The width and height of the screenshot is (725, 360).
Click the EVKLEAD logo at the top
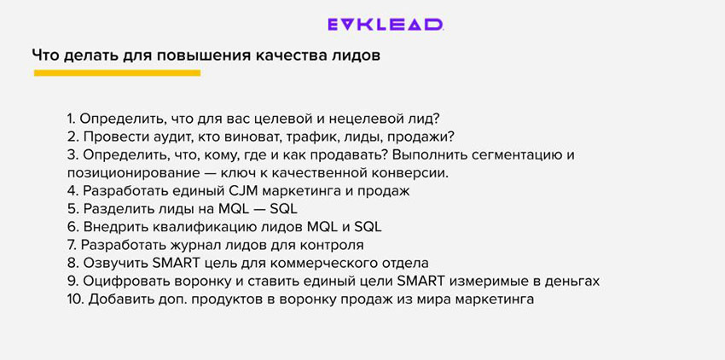(x=386, y=25)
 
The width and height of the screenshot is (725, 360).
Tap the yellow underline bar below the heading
(x=117, y=73)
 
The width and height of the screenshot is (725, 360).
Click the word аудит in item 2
(x=157, y=136)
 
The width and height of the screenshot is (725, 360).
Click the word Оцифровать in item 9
(x=124, y=281)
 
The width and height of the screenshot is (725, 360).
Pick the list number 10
(x=75, y=299)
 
